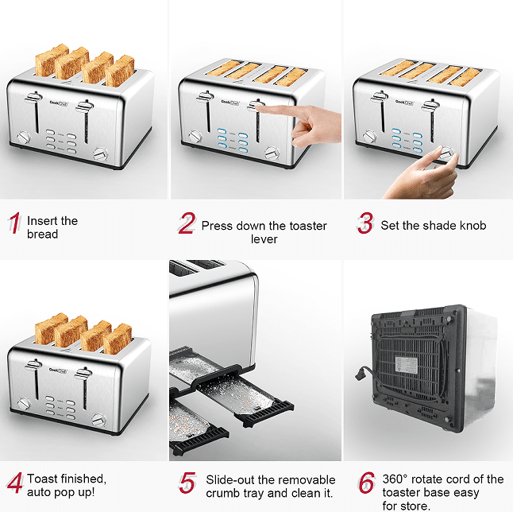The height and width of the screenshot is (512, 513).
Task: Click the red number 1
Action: point(15,223)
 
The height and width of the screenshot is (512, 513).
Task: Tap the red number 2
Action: point(187,223)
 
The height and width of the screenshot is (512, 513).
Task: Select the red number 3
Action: point(365,223)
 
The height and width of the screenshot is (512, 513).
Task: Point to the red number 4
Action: point(15,483)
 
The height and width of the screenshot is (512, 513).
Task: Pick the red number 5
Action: point(187,483)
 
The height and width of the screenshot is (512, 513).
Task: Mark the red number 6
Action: point(367,483)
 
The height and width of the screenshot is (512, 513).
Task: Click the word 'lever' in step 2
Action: point(264,239)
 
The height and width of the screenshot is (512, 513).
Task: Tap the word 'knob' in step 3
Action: point(472,225)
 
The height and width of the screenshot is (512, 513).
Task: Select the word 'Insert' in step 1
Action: point(43,221)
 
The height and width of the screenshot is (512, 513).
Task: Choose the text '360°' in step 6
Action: point(395,479)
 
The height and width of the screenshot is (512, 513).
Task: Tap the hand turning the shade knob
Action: point(424,173)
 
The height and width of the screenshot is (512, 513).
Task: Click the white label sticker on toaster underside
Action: point(406,365)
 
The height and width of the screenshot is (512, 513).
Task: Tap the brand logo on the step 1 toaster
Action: point(59,103)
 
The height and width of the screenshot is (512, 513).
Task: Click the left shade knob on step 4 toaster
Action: point(24,404)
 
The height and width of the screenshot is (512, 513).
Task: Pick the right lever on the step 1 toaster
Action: point(85,106)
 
